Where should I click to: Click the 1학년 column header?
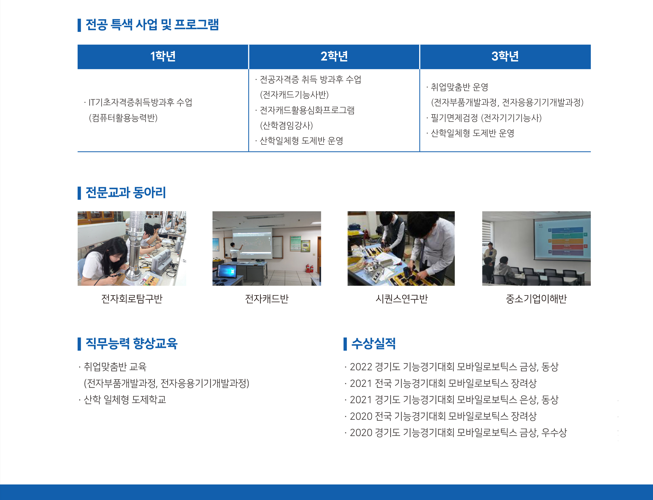click(163, 56)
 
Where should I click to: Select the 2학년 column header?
click(334, 56)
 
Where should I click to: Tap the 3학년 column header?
click(505, 56)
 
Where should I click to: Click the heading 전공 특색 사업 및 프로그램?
click(152, 25)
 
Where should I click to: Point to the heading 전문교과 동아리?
click(125, 193)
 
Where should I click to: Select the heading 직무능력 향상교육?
click(131, 343)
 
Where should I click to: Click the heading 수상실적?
click(373, 343)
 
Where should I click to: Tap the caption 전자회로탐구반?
click(132, 298)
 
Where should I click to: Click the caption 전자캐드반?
click(266, 298)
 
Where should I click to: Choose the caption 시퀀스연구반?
click(401, 298)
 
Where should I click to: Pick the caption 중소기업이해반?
click(536, 298)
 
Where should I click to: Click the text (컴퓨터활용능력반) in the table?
click(123, 118)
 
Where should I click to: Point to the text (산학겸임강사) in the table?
click(286, 125)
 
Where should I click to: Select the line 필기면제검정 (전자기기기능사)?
click(486, 118)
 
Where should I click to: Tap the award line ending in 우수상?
click(458, 432)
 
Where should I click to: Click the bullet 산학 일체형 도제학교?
click(125, 399)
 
